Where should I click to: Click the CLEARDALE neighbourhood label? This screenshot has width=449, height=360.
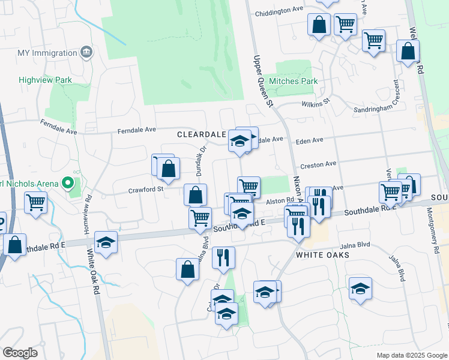pyautogui.click(x=201, y=135)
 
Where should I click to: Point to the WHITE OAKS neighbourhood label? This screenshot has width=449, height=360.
pyautogui.click(x=322, y=255)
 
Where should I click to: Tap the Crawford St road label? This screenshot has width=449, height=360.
pyautogui.click(x=146, y=190)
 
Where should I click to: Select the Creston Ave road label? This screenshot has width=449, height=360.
pyautogui.click(x=319, y=164)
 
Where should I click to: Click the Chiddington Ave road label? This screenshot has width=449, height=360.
pyautogui.click(x=279, y=10)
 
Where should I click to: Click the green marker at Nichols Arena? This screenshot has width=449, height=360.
pyautogui.click(x=68, y=182)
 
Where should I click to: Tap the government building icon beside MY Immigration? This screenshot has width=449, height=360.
pyautogui.click(x=86, y=52)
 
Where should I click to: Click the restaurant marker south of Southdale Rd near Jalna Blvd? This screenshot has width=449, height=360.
pyautogui.click(x=223, y=257)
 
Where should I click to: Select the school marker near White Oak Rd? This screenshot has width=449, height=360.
pyautogui.click(x=106, y=242)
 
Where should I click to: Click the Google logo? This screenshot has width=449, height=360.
pyautogui.click(x=20, y=353)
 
